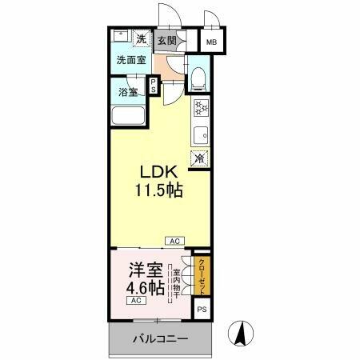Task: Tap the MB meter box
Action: [x=211, y=42]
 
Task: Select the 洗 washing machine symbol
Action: [x=141, y=38]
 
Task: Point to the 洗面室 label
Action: [x=130, y=60]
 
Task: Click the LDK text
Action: [x=158, y=174]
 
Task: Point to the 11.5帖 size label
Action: [x=158, y=193]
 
